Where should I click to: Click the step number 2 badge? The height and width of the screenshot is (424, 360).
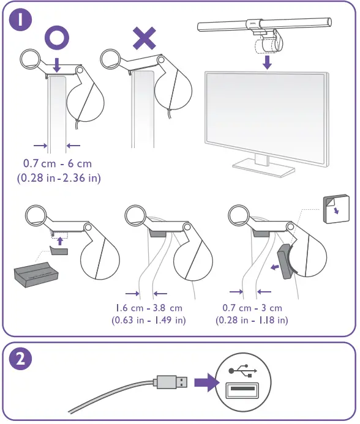click(x=21, y=360)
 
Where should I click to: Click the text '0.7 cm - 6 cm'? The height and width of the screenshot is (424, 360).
click(x=58, y=164)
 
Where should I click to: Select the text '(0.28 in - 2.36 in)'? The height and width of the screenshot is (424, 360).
click(x=58, y=178)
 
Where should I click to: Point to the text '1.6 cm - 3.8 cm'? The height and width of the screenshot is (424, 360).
click(x=149, y=307)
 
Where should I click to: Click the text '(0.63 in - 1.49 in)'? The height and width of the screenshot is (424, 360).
click(x=149, y=320)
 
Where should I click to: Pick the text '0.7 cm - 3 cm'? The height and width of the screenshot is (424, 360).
click(x=252, y=307)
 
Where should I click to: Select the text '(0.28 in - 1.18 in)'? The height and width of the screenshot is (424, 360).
click(x=252, y=320)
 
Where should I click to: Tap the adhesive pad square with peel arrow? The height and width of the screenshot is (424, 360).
click(x=336, y=209)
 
